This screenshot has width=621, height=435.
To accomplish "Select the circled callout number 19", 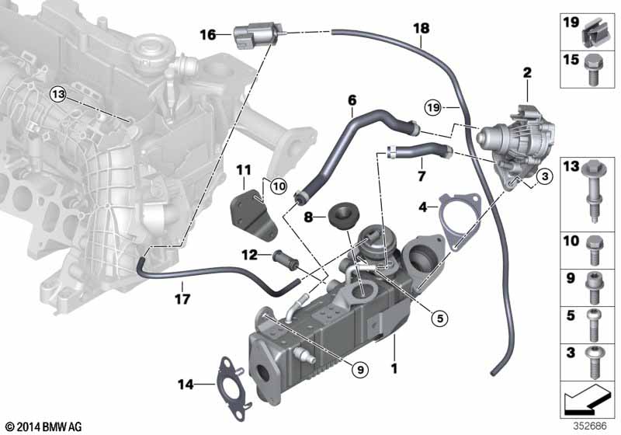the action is [433, 107].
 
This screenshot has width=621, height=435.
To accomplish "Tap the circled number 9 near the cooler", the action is [360, 370].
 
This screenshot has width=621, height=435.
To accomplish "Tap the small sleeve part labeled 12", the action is [285, 260].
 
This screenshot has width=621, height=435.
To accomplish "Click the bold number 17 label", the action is [182, 299].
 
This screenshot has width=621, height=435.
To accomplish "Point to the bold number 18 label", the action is [422, 28].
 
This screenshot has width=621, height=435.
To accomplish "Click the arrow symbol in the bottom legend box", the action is [586, 399].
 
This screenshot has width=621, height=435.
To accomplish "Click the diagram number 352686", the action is [591, 426].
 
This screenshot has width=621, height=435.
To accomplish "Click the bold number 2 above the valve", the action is [527, 72].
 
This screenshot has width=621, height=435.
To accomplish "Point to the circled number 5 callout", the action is [439, 318].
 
